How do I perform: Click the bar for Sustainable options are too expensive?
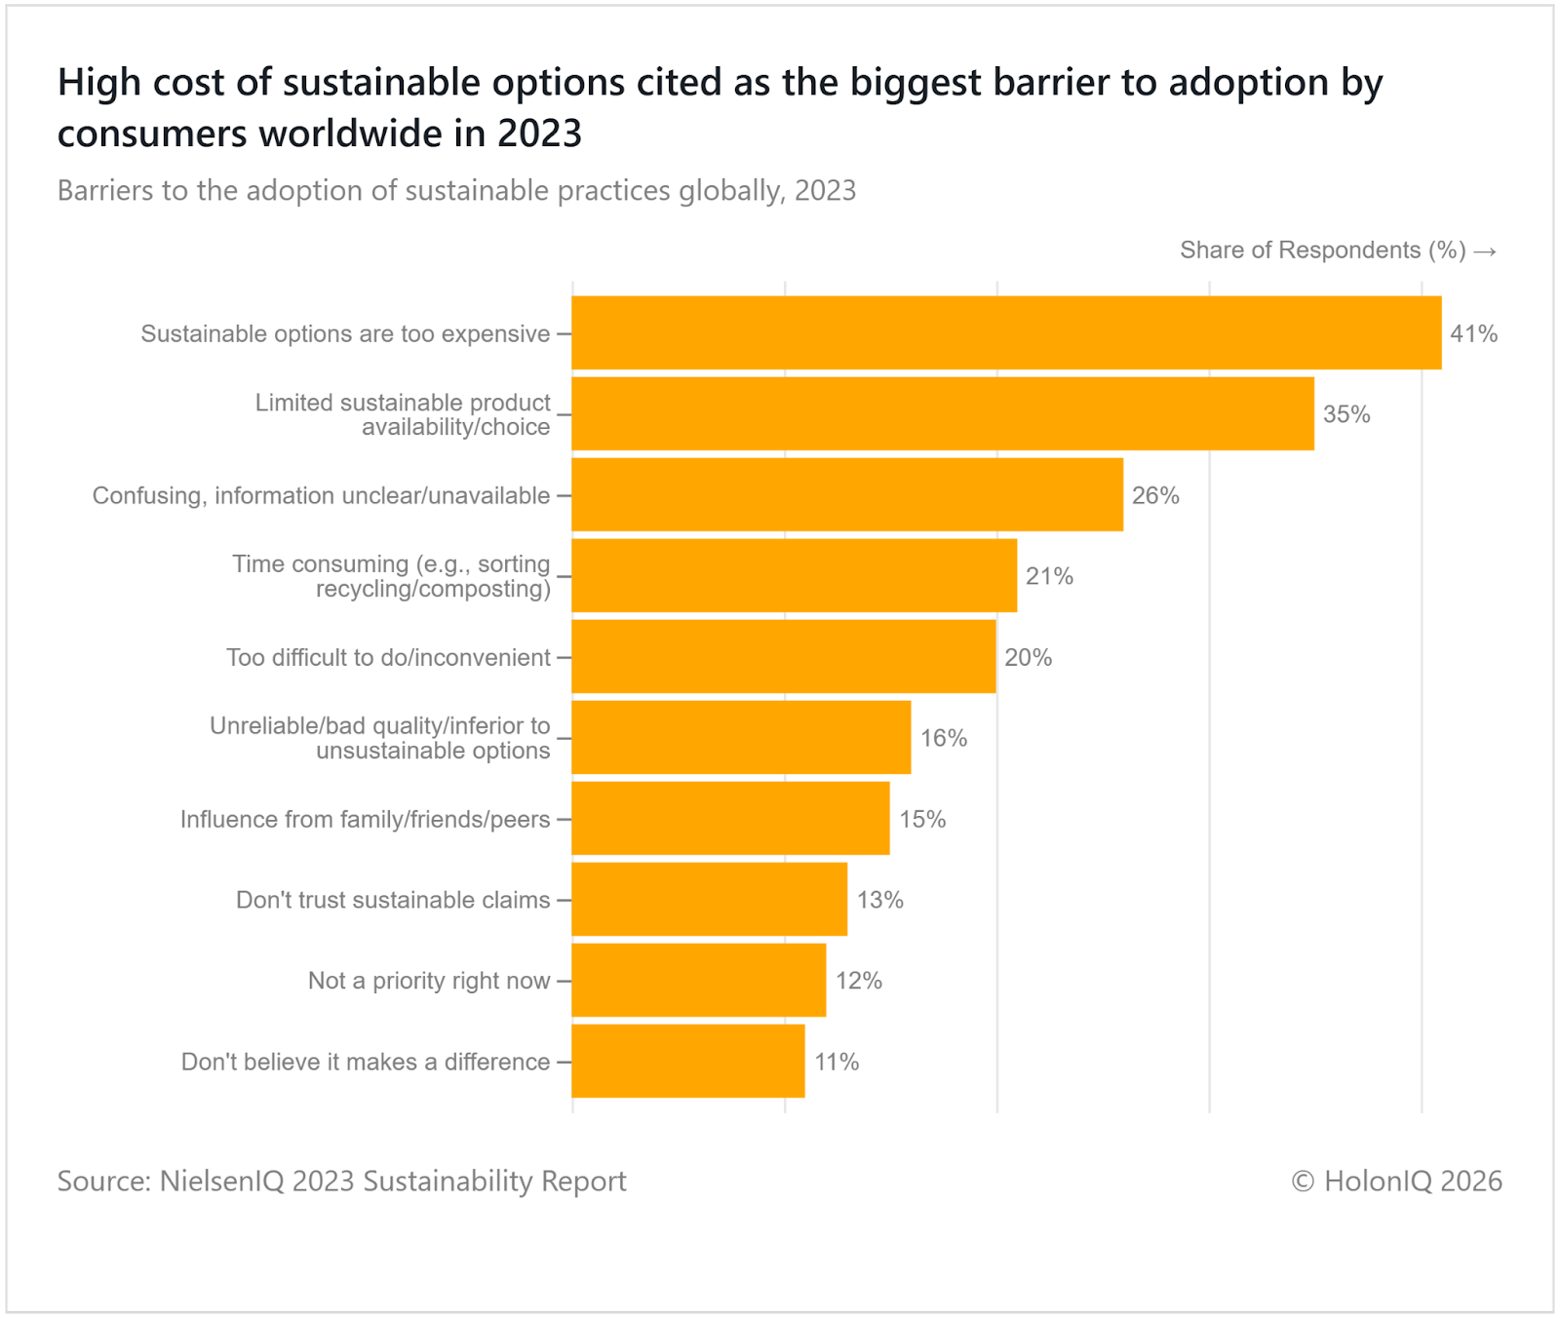(1006, 333)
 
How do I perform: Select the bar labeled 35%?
(943, 414)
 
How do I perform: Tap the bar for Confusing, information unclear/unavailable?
(847, 495)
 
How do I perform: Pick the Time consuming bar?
(795, 576)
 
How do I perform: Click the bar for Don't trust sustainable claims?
(710, 900)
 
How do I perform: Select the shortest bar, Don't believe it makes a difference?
(688, 1062)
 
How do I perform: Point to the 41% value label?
(1473, 334)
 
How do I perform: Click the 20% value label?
(1029, 658)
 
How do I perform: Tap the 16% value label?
(944, 739)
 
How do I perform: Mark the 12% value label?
(859, 981)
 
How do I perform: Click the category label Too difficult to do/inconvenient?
(388, 658)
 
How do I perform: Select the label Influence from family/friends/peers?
(365, 820)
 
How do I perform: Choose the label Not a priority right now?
(429, 981)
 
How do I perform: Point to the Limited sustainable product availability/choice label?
(403, 415)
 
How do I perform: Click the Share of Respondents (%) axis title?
(1322, 251)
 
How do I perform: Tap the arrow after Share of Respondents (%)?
(1485, 252)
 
